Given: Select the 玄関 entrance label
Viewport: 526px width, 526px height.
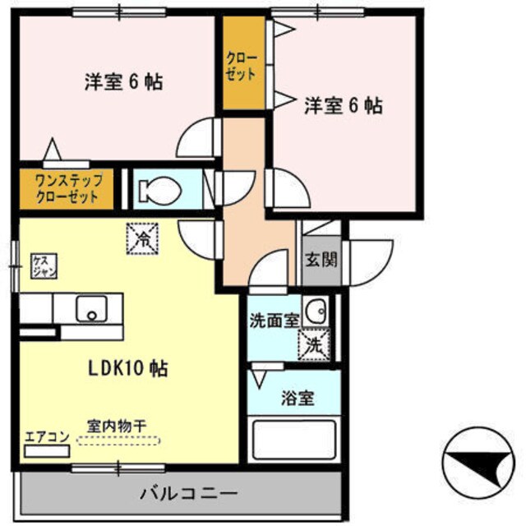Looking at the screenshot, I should [x=321, y=263].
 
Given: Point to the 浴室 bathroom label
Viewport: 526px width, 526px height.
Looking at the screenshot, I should [x=298, y=399].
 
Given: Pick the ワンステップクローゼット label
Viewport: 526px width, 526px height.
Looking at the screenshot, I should [x=67, y=189].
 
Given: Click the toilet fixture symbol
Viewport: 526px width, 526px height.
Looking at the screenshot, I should [x=159, y=191].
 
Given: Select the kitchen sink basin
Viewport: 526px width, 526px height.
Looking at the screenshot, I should [x=91, y=310].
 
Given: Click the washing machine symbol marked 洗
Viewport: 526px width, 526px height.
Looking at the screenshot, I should [x=314, y=345].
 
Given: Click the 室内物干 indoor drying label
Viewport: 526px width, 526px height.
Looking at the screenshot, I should [x=118, y=427].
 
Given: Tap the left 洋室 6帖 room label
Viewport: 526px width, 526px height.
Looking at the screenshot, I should [x=122, y=82].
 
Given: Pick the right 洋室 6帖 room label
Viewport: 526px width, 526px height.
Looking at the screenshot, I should [x=344, y=105].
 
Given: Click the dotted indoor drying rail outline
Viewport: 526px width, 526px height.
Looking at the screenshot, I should [x=119, y=441].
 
